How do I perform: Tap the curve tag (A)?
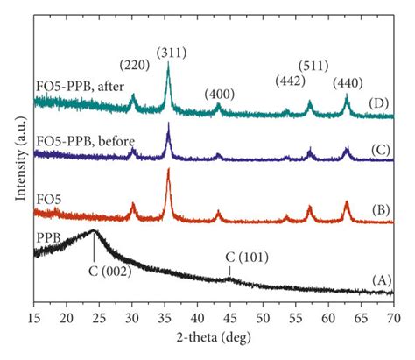[x=381, y=279]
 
